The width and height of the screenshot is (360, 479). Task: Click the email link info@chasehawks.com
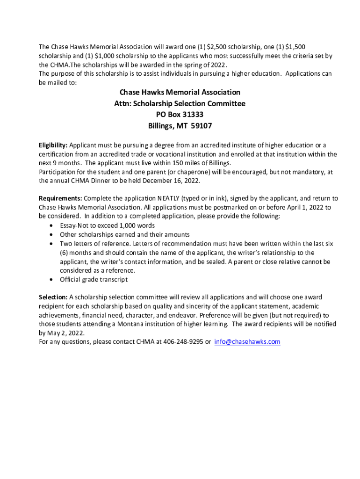point(247,341)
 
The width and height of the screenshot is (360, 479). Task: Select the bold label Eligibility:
point(53,145)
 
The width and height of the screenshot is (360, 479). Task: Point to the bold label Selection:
point(53,297)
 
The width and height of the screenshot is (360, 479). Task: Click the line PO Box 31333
point(180,115)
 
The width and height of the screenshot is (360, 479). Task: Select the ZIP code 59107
point(202,126)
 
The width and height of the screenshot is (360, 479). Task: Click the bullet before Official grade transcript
point(50,280)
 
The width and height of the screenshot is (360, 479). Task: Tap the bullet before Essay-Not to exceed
point(50,225)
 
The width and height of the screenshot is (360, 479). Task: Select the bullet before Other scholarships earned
point(50,234)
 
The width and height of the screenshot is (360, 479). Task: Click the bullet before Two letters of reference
point(50,244)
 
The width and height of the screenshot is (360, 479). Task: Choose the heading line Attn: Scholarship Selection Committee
point(180,103)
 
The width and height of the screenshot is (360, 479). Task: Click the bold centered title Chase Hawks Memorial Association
point(180,92)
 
